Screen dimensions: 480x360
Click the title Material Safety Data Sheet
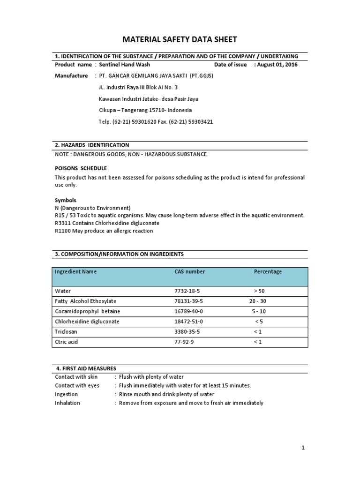click(180, 39)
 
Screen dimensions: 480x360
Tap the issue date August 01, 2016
click(277, 65)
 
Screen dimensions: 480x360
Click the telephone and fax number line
click(156, 122)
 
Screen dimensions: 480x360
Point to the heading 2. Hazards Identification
click(92, 145)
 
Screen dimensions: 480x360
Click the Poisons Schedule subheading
click(81, 168)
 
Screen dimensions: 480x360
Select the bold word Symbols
click(66, 200)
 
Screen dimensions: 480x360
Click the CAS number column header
click(189, 272)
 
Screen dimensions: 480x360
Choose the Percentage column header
click(268, 272)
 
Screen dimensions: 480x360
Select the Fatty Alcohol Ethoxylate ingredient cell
click(85, 301)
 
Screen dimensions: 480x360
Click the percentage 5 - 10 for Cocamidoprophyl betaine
click(258, 311)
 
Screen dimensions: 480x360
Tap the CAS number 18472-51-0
click(188, 322)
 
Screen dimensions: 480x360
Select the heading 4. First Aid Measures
click(86, 368)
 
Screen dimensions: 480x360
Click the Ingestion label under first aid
click(67, 394)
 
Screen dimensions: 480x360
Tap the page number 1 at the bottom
click(303, 448)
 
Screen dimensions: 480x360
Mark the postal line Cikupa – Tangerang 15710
click(145, 111)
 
